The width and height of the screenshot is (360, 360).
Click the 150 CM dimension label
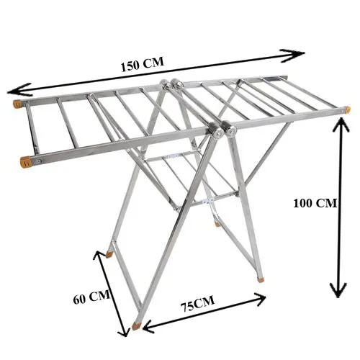(143, 63)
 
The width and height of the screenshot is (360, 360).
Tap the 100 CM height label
(315, 203)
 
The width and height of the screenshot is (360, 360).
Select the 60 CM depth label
(91, 297)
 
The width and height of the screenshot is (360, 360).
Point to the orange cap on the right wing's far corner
(347, 110)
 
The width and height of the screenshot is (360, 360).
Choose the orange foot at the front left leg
(138, 325)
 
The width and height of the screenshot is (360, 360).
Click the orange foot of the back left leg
(110, 253)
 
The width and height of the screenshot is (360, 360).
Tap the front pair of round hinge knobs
(224, 132)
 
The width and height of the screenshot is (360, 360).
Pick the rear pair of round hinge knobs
(171, 86)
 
